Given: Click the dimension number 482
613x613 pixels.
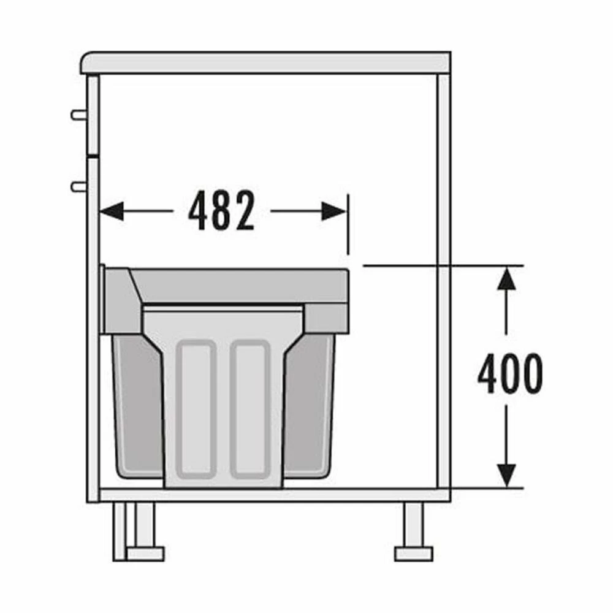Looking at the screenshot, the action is click(222, 211).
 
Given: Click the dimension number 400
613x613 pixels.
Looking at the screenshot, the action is click(510, 374).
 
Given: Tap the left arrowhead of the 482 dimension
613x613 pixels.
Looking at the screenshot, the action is click(112, 211).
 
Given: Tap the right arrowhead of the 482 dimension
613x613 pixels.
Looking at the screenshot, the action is click(334, 211).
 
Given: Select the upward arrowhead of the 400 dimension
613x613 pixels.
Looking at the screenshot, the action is click(507, 278).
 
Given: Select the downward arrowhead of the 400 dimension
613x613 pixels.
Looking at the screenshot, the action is click(507, 476).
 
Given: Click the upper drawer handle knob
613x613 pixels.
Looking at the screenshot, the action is click(78, 115).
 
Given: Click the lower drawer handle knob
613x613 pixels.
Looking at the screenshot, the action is click(78, 187).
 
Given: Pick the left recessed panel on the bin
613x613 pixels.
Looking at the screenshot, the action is click(196, 409).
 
